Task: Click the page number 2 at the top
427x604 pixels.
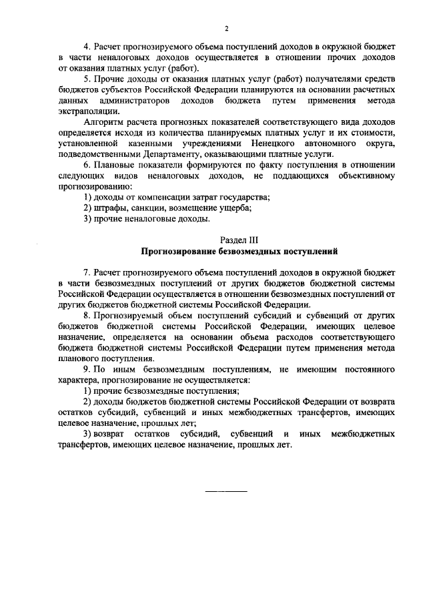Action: coord(227,29)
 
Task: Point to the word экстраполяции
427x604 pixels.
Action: coord(85,111)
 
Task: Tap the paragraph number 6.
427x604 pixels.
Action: coord(86,164)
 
